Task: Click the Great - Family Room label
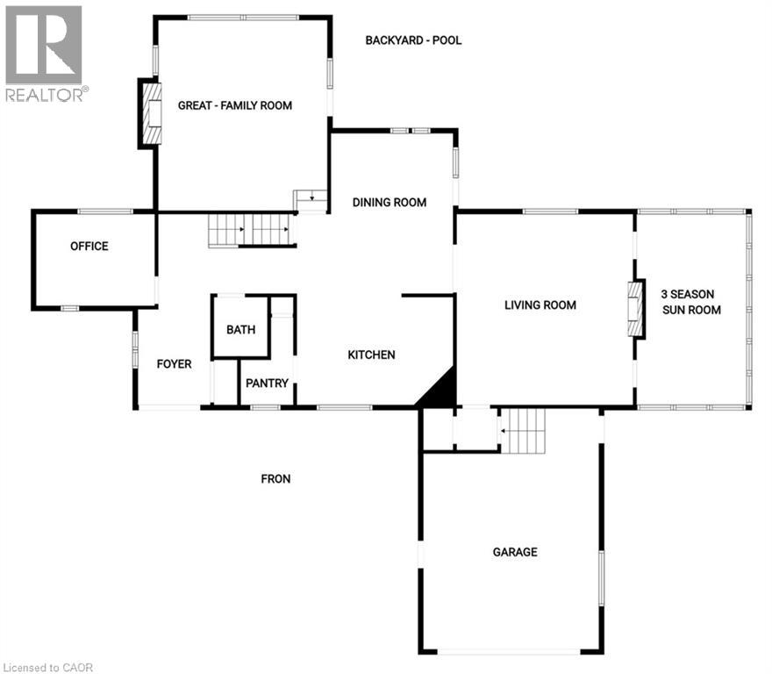[x=235, y=105]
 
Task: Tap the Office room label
[x=89, y=247]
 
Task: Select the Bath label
[x=241, y=330]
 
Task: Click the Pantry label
[x=267, y=384]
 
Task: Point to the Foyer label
[x=174, y=364]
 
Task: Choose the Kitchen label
[x=371, y=355]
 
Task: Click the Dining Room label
[x=390, y=203]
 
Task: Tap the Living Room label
[x=540, y=305]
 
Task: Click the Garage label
[x=515, y=552]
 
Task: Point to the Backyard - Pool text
[x=412, y=40]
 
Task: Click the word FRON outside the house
[x=275, y=479]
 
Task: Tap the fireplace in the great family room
[x=152, y=113]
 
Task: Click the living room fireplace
[x=636, y=309]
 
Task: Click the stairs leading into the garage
[x=523, y=431]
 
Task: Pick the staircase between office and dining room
[x=250, y=231]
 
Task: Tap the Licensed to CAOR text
[x=48, y=667]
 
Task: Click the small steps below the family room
[x=311, y=201]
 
